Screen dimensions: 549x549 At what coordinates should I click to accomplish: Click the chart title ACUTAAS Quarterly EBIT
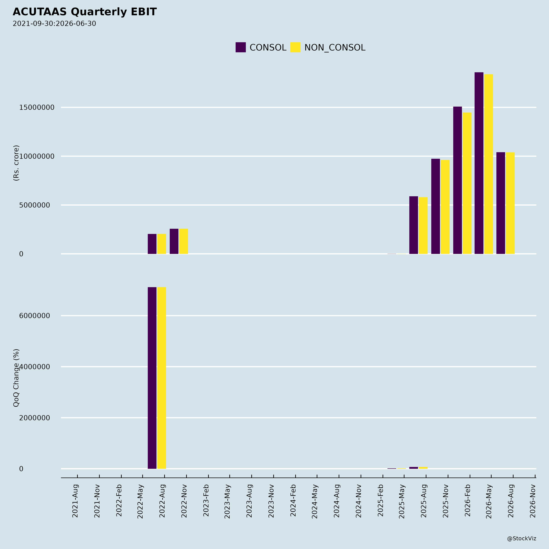(x=85, y=12)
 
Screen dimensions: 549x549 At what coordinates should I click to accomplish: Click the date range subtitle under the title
(x=54, y=24)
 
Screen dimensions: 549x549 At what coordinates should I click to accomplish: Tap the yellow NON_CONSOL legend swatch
(x=295, y=47)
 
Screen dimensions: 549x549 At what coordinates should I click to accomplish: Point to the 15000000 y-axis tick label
(x=37, y=107)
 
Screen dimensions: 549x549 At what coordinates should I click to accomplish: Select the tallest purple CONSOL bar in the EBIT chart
(x=479, y=163)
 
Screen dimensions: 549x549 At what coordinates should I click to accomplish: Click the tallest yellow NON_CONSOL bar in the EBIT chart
(x=488, y=164)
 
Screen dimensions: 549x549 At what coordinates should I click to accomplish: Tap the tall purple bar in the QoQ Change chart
(x=152, y=378)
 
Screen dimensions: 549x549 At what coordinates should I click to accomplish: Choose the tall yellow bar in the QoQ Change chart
(x=162, y=378)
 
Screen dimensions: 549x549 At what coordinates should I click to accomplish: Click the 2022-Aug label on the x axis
(x=162, y=501)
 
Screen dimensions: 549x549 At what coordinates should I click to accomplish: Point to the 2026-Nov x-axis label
(x=533, y=501)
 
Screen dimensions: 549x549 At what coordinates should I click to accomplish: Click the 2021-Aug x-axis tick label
(x=75, y=501)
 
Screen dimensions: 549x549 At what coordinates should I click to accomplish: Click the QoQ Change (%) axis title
(x=16, y=378)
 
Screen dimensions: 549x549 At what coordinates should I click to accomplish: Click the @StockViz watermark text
(x=521, y=538)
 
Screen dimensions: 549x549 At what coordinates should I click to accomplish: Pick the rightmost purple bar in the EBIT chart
(x=501, y=203)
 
